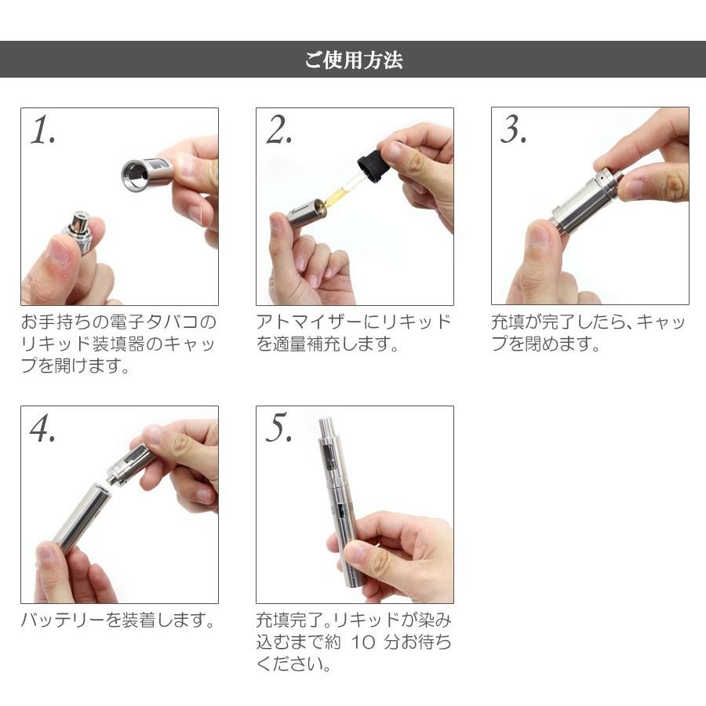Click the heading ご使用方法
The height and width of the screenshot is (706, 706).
(354, 60)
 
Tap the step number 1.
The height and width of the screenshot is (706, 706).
(42, 130)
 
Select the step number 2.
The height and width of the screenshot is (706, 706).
(278, 130)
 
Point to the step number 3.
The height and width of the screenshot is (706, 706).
(513, 129)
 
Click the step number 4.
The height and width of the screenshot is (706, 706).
(42, 428)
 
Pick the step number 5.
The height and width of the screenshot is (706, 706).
(278, 428)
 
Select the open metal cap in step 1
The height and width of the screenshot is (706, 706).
(147, 173)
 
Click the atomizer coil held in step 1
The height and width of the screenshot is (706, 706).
(81, 230)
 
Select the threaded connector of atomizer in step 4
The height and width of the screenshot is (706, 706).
(112, 476)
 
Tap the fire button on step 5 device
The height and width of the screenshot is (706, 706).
(340, 510)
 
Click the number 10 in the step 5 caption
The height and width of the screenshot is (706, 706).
(362, 642)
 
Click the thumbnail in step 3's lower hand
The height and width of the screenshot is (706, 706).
(538, 234)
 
